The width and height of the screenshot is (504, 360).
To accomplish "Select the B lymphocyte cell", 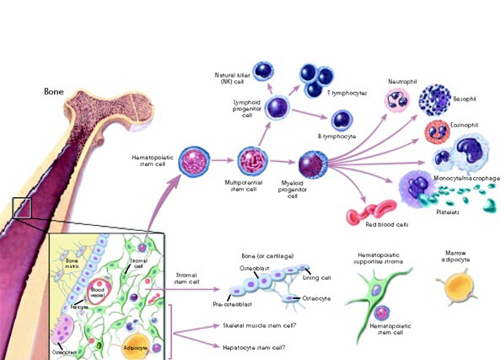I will tap(341, 120).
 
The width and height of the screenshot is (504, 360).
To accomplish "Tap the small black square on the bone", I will tap(22, 207).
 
